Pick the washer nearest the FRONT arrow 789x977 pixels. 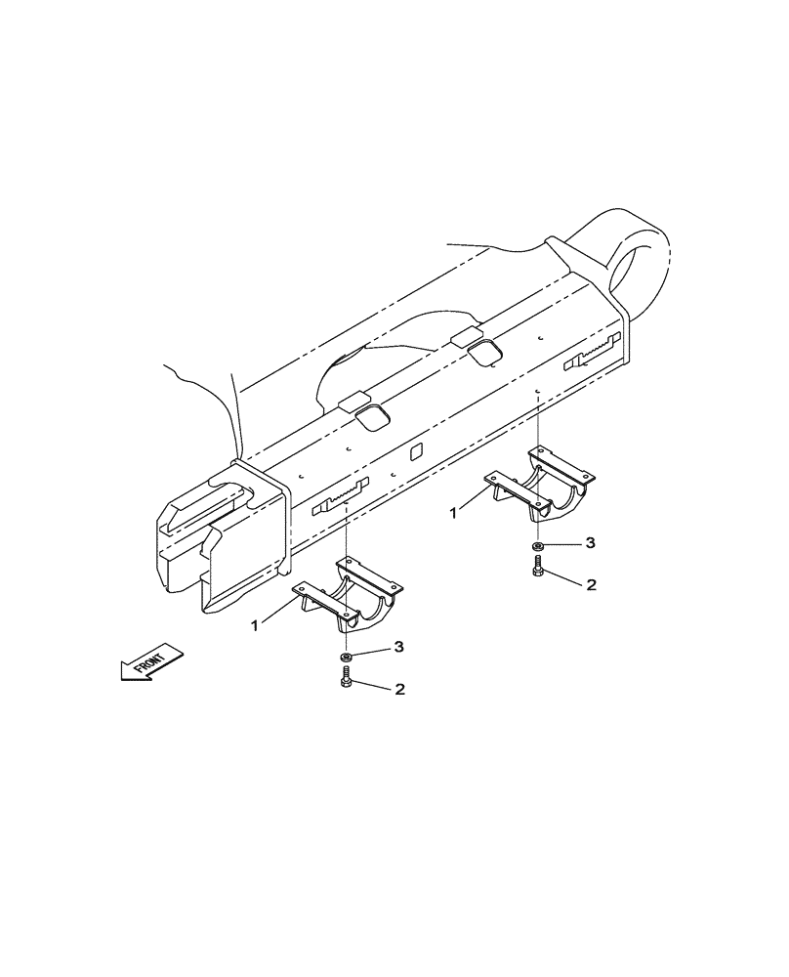347,657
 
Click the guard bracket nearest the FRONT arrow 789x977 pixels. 346,596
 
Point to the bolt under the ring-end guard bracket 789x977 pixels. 538,571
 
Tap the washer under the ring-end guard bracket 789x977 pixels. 538,546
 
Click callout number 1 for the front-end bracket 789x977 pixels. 257,624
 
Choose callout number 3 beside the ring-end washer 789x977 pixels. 591,542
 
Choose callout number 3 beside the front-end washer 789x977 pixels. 398,647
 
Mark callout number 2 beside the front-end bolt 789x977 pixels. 398,689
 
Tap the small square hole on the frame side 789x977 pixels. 414,451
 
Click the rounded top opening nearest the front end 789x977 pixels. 370,418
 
